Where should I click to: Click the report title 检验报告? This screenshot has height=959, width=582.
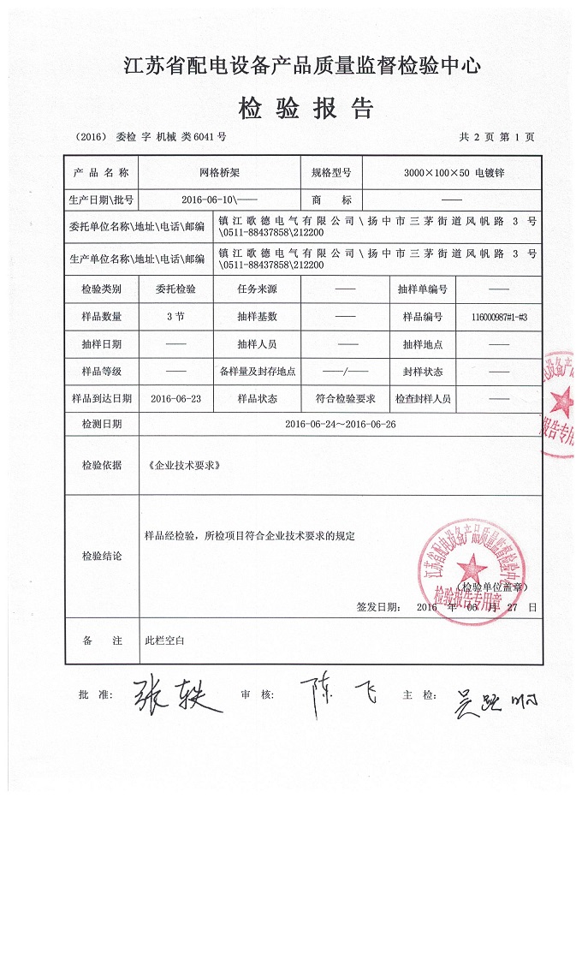tap(306, 109)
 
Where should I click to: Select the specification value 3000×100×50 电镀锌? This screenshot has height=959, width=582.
tap(454, 172)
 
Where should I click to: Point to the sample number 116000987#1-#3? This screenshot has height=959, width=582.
tap(499, 317)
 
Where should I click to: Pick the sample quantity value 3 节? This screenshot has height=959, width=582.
tap(175, 316)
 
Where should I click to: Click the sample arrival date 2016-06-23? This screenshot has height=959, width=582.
tap(175, 398)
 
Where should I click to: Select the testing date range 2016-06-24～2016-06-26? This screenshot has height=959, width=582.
tap(340, 424)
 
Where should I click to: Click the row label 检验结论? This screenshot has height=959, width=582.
tap(101, 557)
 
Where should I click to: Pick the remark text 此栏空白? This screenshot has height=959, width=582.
tap(164, 640)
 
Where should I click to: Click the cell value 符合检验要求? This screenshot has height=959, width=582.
tap(345, 398)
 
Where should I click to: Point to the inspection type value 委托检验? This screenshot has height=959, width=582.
tap(175, 289)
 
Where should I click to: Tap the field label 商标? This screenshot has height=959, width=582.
tap(332, 200)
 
